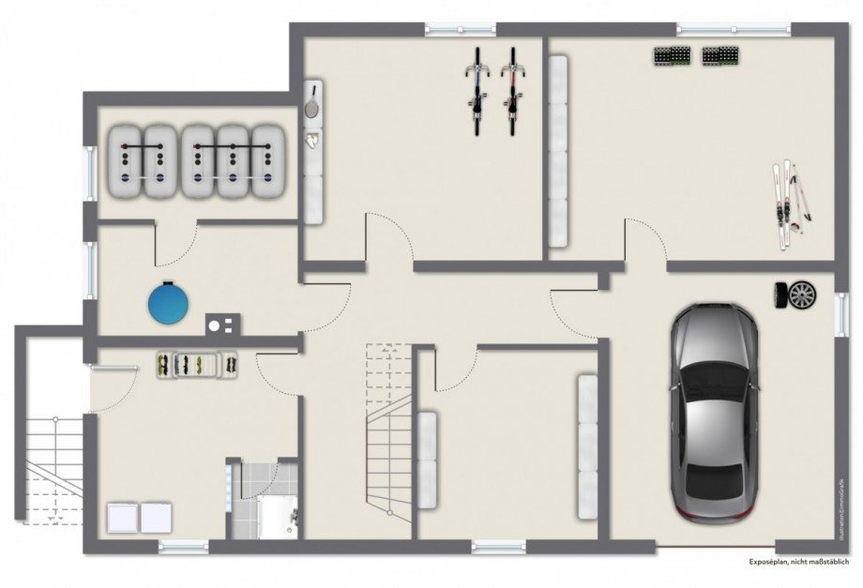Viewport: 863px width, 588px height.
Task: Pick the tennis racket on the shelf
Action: pos(311,102)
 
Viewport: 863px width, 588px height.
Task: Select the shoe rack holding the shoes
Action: pos(195,364)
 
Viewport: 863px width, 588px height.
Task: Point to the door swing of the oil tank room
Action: pos(175,246)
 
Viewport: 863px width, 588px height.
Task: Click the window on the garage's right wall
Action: pos(840,313)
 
